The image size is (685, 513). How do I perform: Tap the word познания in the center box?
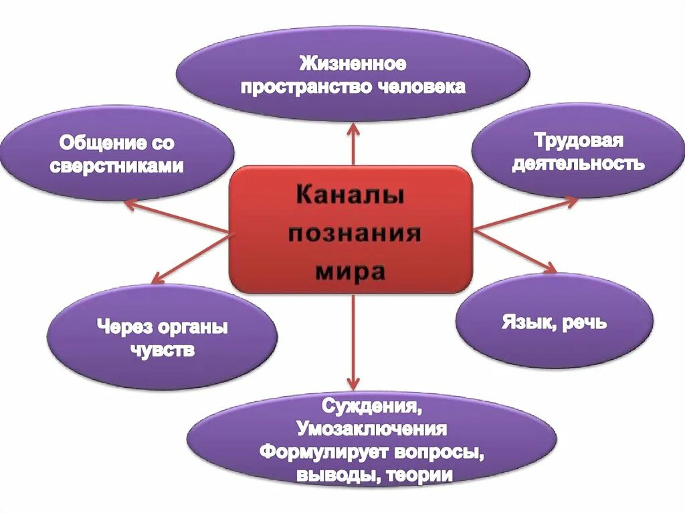pos(355,235)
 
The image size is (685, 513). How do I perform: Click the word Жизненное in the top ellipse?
pos(353,66)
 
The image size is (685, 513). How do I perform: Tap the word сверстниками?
pos(116,166)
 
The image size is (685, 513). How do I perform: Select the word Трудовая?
pos(579,141)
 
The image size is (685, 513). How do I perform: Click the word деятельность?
pos(579,163)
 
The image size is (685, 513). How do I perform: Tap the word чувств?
pos(163,350)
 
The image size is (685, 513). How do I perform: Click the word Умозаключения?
pos(372,429)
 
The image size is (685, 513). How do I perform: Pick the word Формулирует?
pos(321,451)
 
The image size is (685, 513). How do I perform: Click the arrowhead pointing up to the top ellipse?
pos(353,129)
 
